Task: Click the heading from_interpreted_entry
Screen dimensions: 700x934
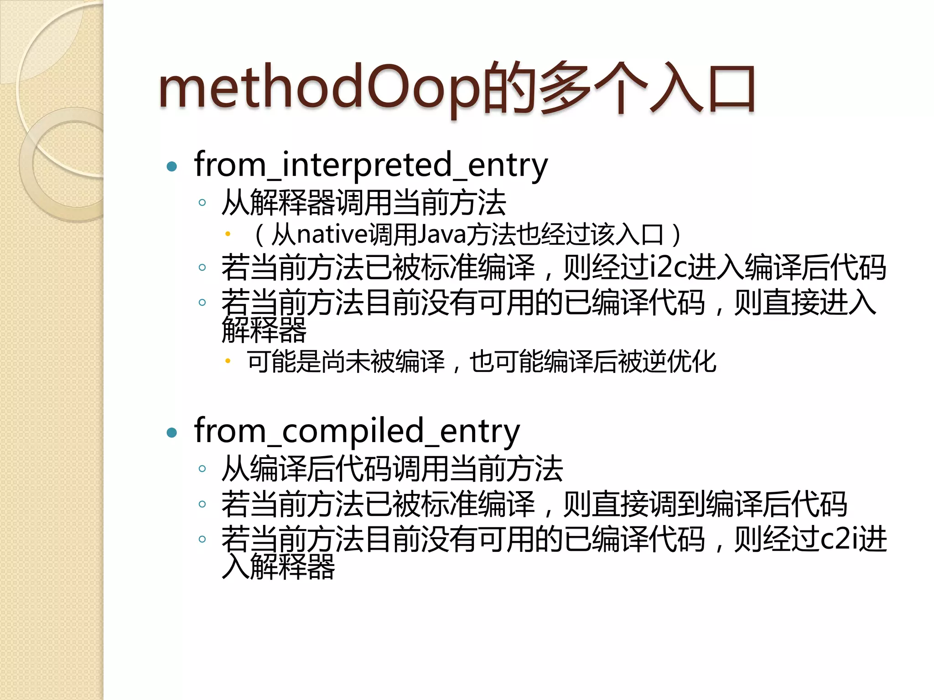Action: pos(370,165)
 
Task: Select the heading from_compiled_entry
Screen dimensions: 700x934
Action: pos(357,431)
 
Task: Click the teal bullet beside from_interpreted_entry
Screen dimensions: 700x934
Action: pos(172,167)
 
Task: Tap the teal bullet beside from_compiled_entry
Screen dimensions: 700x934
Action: pos(172,432)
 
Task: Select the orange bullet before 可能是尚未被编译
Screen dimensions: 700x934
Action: pos(228,361)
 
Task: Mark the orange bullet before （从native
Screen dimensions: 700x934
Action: pos(228,234)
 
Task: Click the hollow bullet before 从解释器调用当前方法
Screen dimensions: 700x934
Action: pos(202,202)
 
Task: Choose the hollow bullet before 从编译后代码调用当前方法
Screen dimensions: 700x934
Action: pos(202,468)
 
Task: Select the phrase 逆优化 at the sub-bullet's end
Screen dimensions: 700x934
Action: pos(679,362)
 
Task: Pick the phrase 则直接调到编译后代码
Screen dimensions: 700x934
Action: pos(705,504)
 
